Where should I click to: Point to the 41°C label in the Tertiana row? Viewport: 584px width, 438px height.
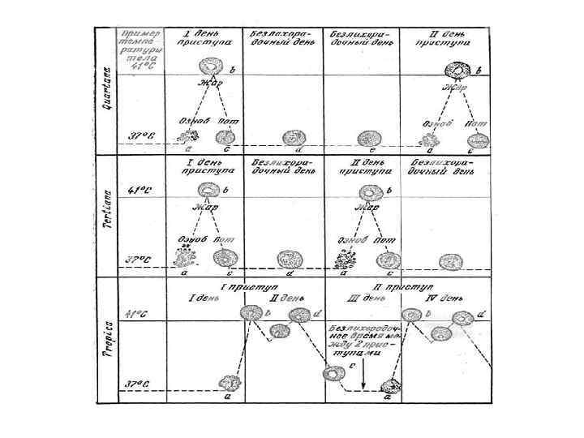pyautogui.click(x=140, y=191)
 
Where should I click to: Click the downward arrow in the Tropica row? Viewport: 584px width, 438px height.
pyautogui.click(x=364, y=374)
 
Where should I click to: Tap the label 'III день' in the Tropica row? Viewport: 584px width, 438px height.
pyautogui.click(x=355, y=298)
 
